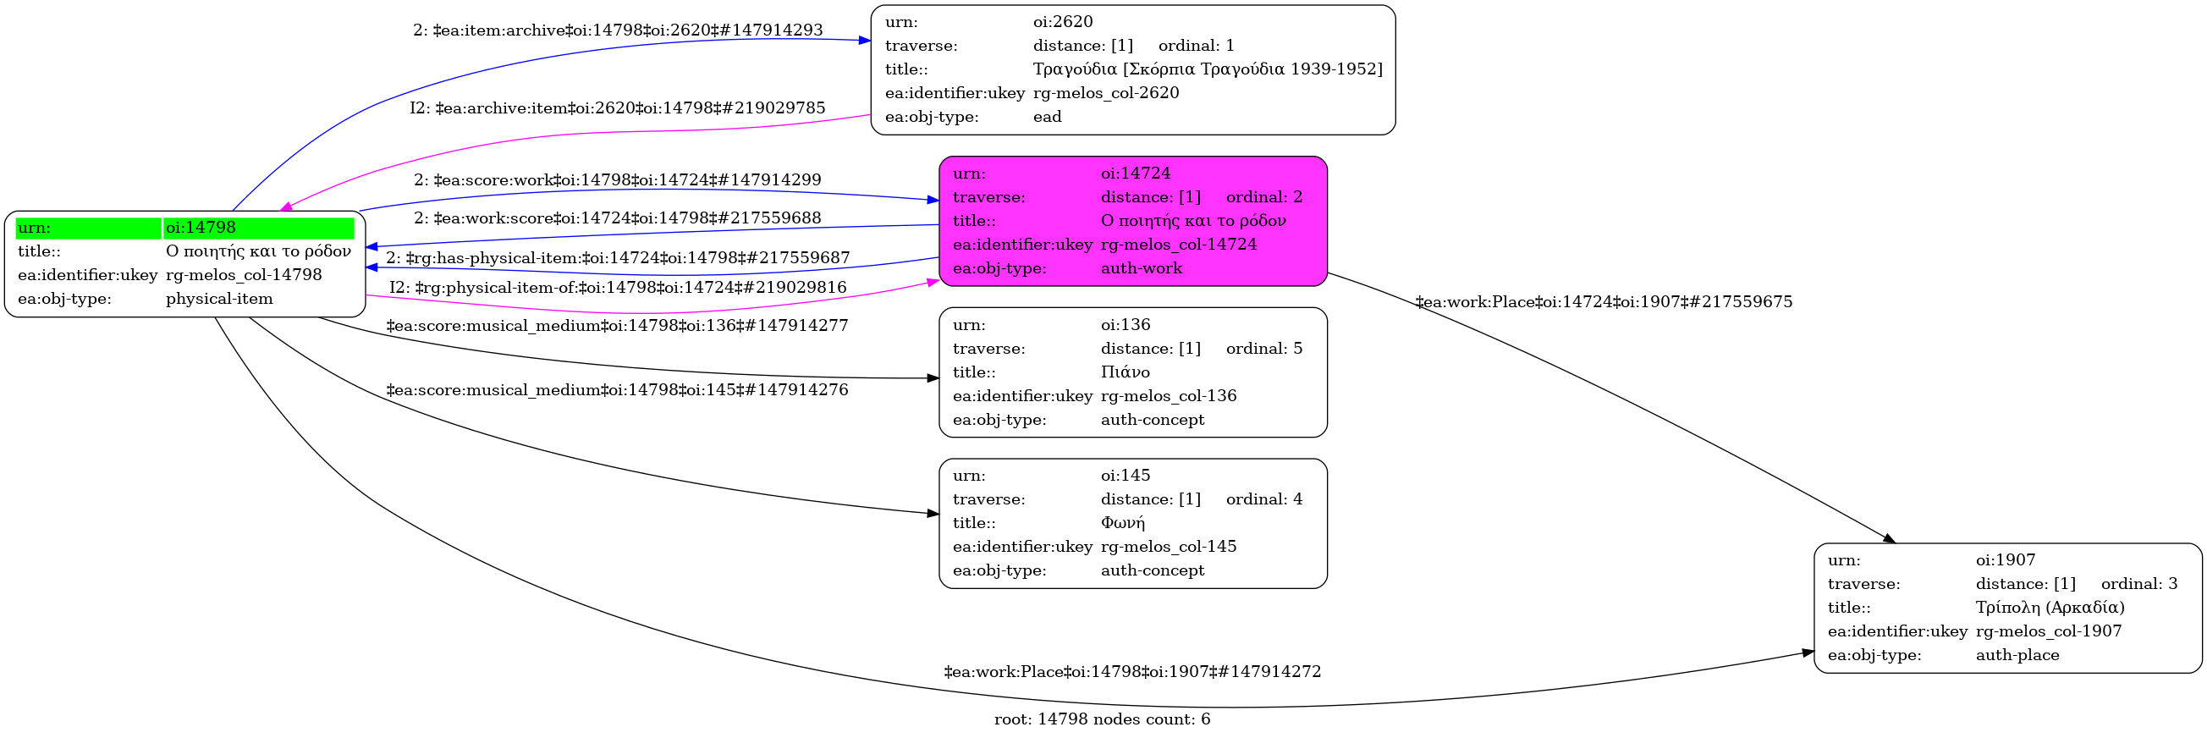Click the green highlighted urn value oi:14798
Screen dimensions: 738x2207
[x=201, y=228]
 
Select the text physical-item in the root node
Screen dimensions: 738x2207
[x=219, y=299]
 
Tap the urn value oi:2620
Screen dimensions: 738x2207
[x=1062, y=22]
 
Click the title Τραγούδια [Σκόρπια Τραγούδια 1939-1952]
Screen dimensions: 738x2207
[x=1208, y=69]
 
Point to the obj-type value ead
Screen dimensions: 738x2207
[x=1047, y=118]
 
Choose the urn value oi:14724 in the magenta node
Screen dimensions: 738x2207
[x=1135, y=173]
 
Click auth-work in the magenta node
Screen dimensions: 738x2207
[x=1142, y=268]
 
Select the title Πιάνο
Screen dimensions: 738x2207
[x=1125, y=372]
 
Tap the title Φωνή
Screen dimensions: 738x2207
[x=1122, y=523]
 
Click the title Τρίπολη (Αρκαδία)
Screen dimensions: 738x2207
[x=2050, y=608]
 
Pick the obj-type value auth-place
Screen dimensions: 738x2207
[x=2017, y=655]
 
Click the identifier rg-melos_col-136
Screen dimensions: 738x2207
[x=1169, y=396]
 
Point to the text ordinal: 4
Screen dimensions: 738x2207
[x=1263, y=498]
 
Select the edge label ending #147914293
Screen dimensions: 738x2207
[x=618, y=30]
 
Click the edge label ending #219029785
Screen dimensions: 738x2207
[x=617, y=109]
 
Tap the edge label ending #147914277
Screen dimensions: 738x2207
[x=617, y=326]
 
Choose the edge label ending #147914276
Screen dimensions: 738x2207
[x=617, y=390]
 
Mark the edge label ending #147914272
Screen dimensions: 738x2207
[x=1131, y=672]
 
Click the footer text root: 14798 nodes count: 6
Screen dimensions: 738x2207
[x=1102, y=719]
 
